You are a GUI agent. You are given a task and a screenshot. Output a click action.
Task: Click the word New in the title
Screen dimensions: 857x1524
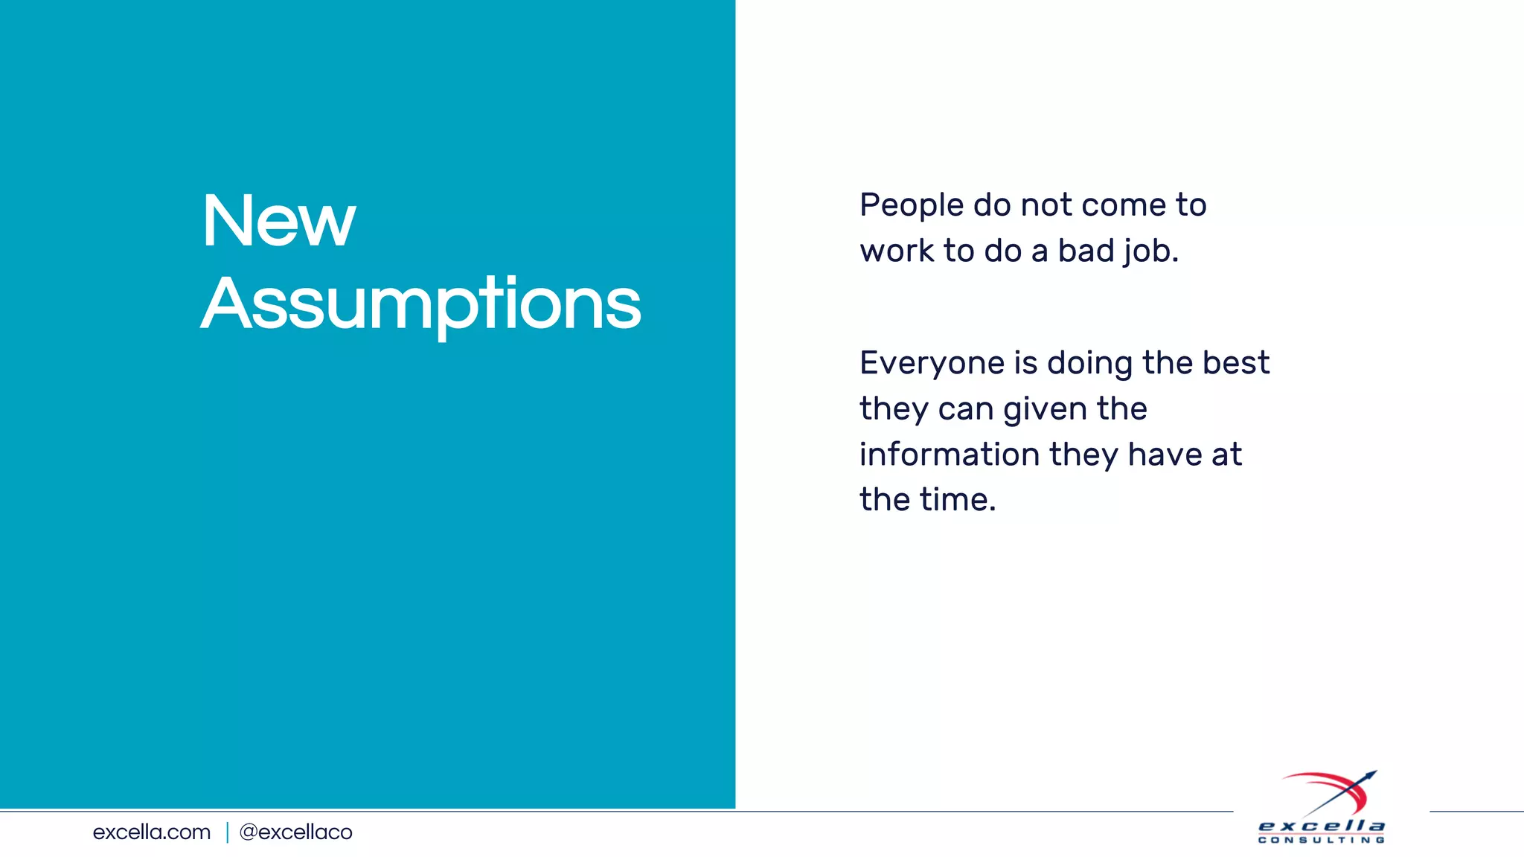coord(279,221)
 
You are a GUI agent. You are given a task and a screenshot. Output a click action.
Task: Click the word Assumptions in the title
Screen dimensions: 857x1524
coord(421,304)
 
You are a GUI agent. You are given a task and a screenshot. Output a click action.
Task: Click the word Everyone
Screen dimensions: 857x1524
coord(932,364)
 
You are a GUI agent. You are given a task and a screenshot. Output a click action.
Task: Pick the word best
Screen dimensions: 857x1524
coord(1236,363)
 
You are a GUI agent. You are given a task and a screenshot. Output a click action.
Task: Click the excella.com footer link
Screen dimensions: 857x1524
coord(152,832)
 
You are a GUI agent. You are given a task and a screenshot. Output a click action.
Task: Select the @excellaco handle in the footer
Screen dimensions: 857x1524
coord(295,832)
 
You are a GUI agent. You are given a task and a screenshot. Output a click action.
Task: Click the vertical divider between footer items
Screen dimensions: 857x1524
coord(227,832)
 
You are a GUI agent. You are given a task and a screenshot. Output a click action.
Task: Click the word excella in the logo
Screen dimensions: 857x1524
coord(1322,826)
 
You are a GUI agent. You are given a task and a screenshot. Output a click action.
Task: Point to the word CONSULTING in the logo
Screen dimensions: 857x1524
coord(1322,841)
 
